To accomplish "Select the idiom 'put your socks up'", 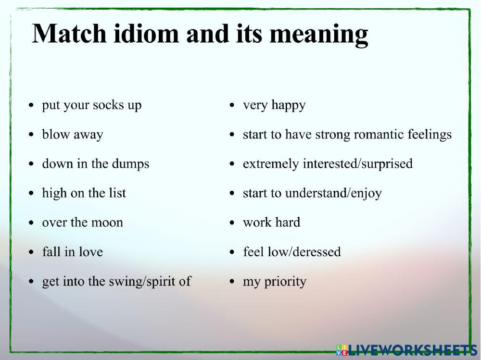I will coord(91,105).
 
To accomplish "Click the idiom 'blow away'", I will coord(73,135).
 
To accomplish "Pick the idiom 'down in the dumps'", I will coord(96,164).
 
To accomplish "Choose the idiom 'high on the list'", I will coord(84,193).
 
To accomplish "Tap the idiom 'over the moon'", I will coord(82,223).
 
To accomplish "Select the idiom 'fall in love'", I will coord(72,252).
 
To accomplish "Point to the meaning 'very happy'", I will coord(274,105).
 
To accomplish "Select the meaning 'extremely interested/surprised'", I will coord(328,164).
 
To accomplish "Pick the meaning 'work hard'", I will coord(271,223).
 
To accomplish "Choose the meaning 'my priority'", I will coord(274,282).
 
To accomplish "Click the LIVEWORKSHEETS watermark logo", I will coord(407,349).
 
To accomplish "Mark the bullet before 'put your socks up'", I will coord(32,105).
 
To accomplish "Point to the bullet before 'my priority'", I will coord(232,282).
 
